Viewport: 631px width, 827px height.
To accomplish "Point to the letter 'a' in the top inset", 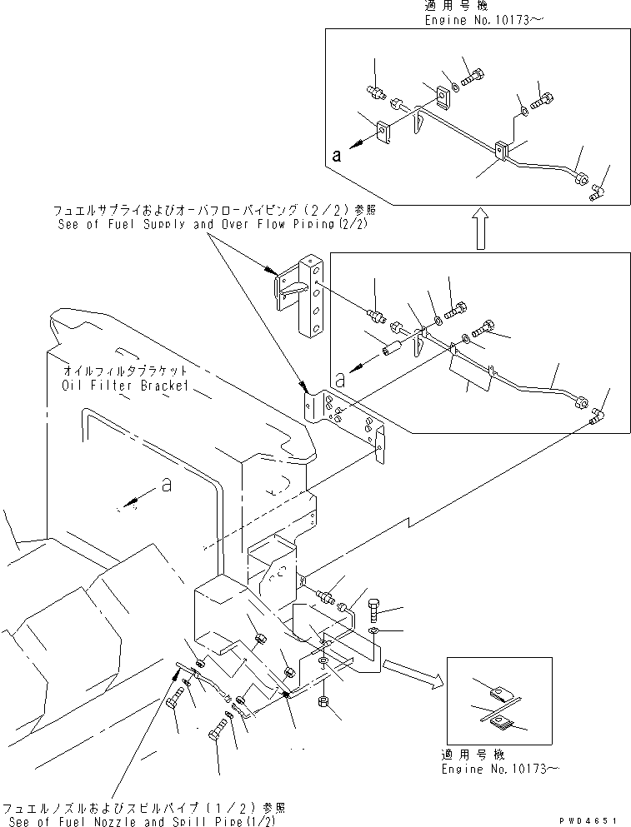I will [335, 154].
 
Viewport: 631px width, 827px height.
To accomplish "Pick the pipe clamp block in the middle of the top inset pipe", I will [503, 152].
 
